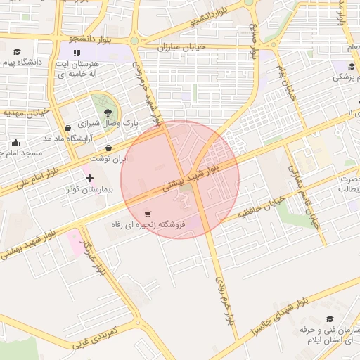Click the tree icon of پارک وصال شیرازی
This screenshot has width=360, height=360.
107,112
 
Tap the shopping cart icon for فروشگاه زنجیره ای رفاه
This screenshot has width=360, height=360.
147,214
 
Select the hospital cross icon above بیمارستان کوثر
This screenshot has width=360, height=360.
89,178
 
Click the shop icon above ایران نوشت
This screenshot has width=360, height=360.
108,148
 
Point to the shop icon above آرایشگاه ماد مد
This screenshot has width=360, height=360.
67,128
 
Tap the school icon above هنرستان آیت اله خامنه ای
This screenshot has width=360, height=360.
77,52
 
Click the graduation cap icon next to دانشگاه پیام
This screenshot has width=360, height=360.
17,51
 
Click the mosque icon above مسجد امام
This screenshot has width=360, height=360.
15,142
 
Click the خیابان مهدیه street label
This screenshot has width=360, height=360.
26,111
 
